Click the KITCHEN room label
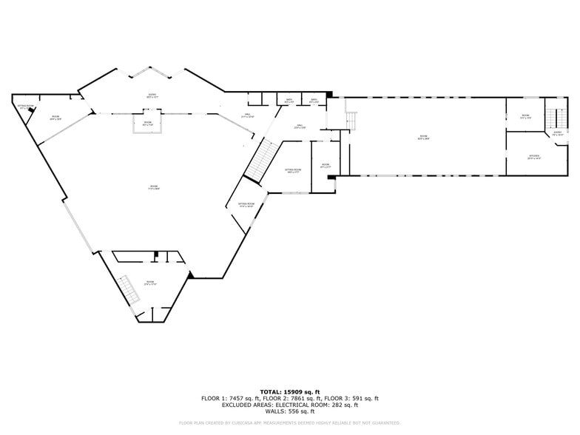tap(534, 156)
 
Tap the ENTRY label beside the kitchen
tap(558, 134)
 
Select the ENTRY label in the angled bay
tap(152, 95)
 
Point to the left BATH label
tap(289, 101)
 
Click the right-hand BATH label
tap(314, 101)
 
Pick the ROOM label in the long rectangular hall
tap(424, 137)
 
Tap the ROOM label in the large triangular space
tap(154, 188)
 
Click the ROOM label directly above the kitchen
tap(525, 116)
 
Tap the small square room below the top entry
tap(148, 124)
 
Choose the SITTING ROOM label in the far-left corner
tap(26, 107)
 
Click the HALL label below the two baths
tap(301, 127)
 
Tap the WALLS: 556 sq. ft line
tap(289, 411)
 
